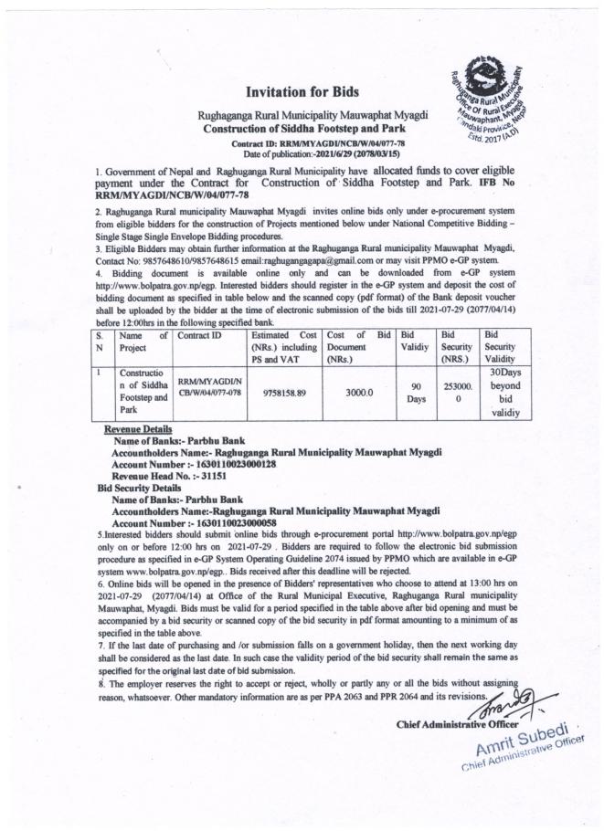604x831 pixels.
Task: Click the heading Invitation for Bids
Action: click(x=302, y=92)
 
